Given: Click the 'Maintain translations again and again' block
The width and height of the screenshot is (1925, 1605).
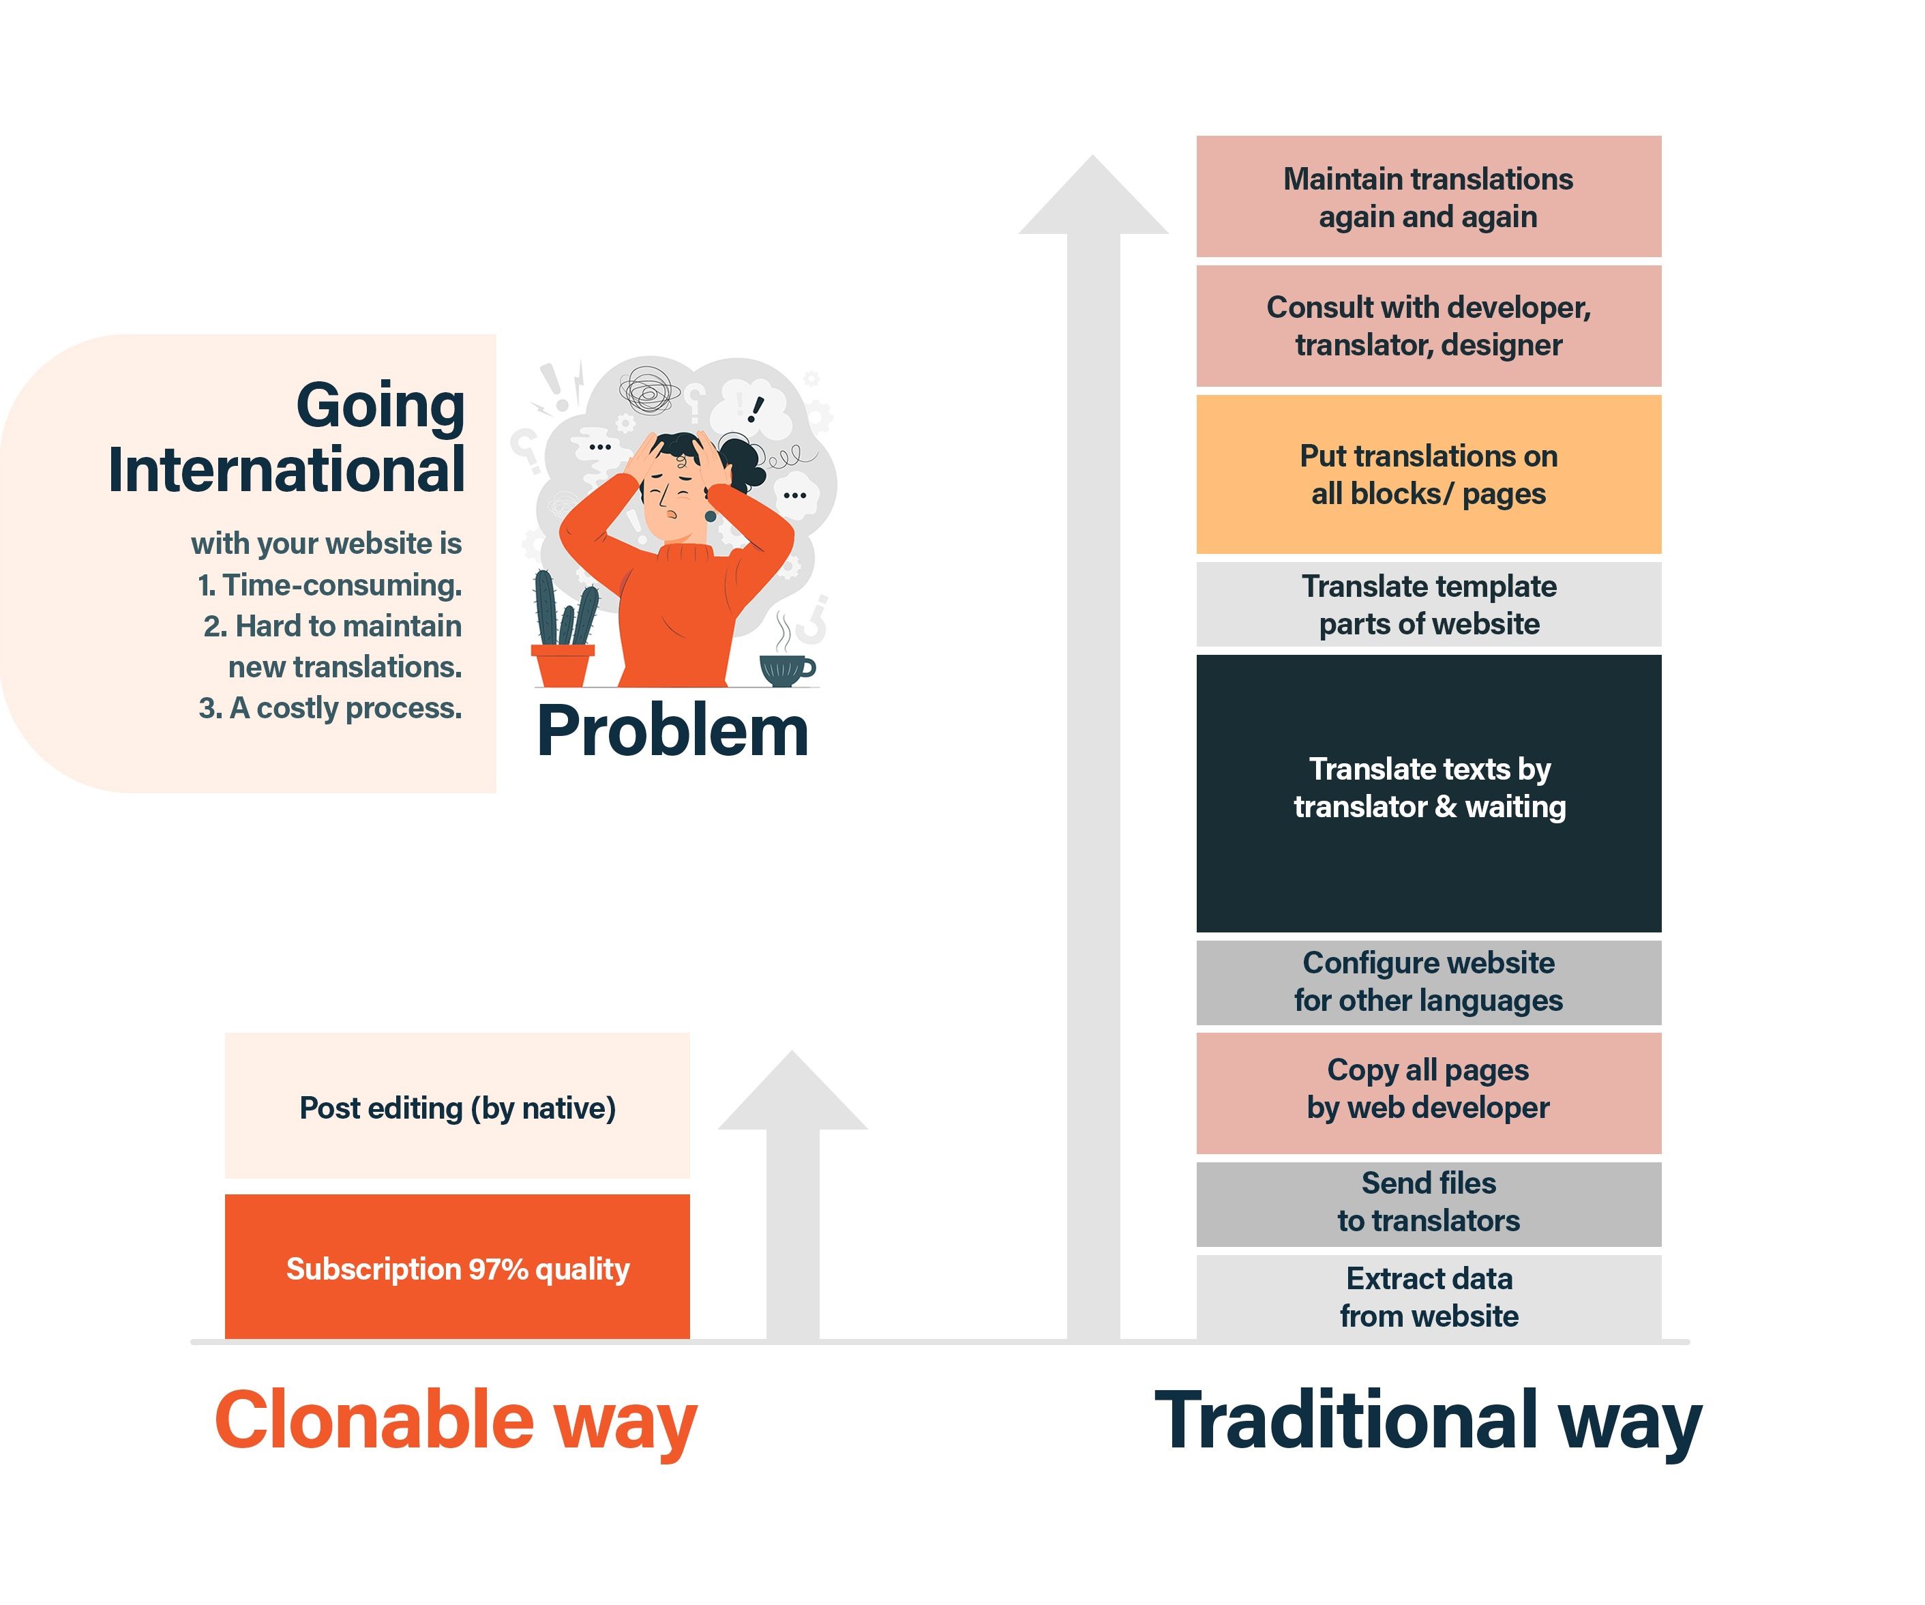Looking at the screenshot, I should (x=1428, y=196).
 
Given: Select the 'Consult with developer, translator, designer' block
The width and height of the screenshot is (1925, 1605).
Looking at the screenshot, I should (x=1428, y=325).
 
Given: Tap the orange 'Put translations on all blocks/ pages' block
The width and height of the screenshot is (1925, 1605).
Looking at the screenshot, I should (x=1428, y=474).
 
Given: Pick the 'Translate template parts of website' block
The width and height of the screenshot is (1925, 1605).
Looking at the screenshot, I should (x=1428, y=604).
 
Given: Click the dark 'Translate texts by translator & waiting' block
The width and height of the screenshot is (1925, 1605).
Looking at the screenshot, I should (x=1428, y=793).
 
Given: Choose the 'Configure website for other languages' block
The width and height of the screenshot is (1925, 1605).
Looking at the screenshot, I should (x=1428, y=982).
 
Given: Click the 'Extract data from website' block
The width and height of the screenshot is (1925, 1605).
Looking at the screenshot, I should (x=1428, y=1297).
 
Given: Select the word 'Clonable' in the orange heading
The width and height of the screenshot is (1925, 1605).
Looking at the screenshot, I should (x=374, y=1419).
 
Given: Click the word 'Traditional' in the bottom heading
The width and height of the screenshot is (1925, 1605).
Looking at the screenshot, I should (x=1345, y=1419).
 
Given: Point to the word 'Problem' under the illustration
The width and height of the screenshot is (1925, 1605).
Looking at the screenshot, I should (x=672, y=731).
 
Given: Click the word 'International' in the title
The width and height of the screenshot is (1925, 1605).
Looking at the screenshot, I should (x=286, y=469).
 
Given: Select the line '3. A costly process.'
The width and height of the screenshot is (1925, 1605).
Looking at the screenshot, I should (x=330, y=708).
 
